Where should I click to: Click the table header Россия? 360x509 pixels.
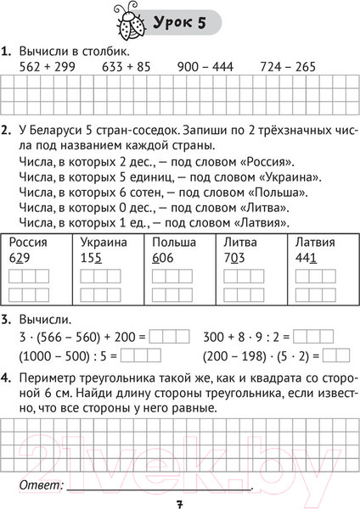tap(29, 242)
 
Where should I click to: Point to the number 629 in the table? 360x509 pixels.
tap(21, 257)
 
